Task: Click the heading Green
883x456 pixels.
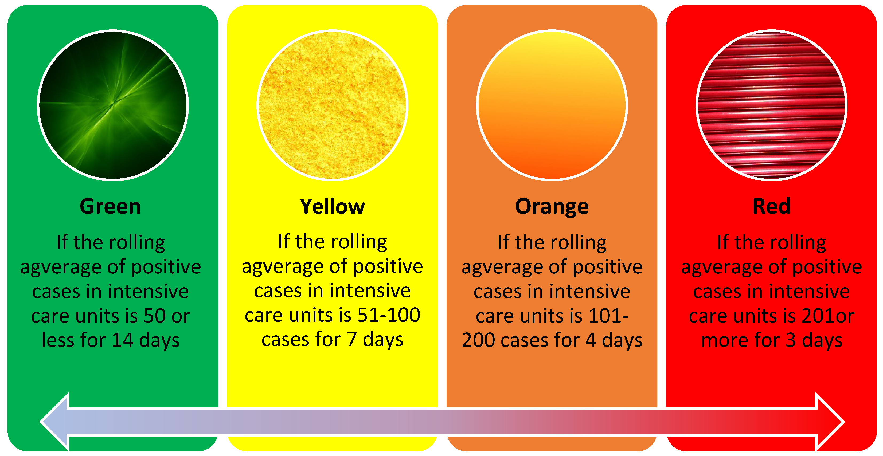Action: tap(110, 206)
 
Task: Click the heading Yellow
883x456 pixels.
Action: tap(332, 206)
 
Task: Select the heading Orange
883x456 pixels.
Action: tap(552, 207)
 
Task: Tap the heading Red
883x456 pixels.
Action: tap(771, 206)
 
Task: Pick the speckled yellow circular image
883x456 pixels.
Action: tap(332, 105)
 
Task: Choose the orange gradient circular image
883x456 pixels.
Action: tap(552, 105)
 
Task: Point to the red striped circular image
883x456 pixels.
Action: tap(771, 105)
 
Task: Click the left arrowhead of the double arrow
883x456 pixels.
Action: tap(55, 422)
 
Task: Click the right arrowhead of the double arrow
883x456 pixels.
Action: tap(830, 422)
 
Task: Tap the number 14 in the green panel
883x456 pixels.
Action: tap(123, 340)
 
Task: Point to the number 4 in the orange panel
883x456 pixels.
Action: tap(590, 340)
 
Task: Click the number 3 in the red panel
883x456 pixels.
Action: tap(790, 340)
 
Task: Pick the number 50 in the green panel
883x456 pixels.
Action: tap(155, 316)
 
